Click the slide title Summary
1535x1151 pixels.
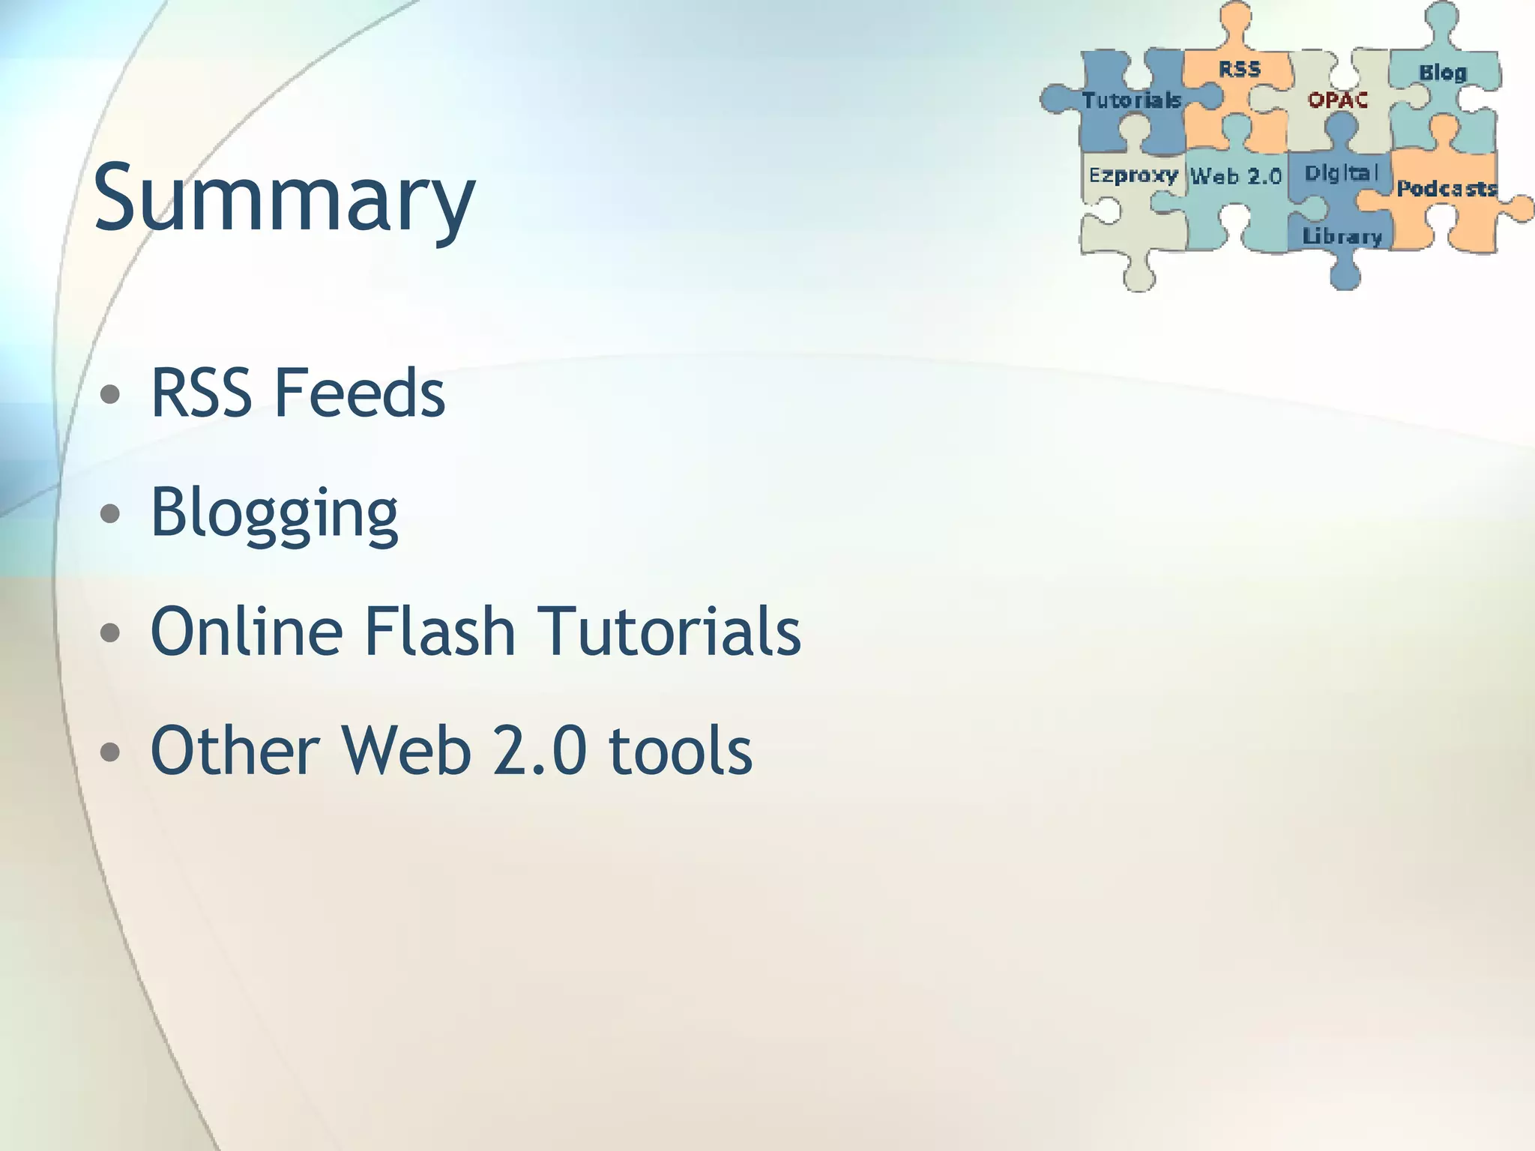coord(284,199)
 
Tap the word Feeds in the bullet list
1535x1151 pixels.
coord(360,393)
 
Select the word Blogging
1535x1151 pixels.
coord(274,514)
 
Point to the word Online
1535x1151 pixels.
coord(247,631)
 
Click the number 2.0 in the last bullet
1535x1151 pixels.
coord(540,750)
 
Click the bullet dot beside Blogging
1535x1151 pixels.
coord(110,514)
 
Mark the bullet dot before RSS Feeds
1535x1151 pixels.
coord(110,394)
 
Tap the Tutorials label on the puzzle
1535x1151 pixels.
coord(1132,100)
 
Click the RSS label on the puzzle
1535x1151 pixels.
coord(1240,70)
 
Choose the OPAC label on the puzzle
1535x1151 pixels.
coord(1338,100)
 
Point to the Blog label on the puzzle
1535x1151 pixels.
coord(1442,73)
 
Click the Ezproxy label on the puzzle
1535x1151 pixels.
coord(1133,175)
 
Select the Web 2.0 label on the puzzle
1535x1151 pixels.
coord(1236,177)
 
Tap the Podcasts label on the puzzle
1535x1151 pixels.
coord(1447,188)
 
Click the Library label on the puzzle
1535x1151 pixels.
coord(1342,237)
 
